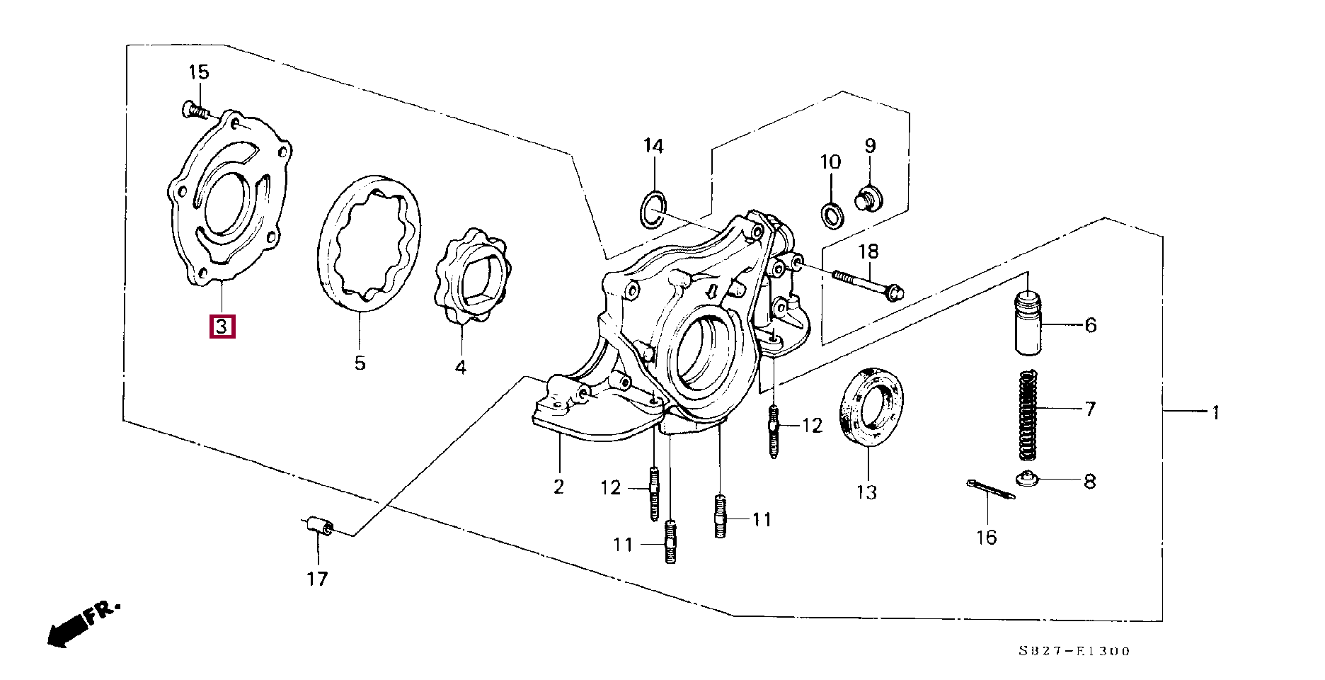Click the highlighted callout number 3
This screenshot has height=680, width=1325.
222,327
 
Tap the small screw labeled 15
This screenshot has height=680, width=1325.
193,110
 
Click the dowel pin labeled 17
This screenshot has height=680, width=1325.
318,528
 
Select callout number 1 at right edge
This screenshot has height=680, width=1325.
1215,412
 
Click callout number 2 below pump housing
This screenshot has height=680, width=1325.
558,487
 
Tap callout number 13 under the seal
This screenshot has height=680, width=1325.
866,492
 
